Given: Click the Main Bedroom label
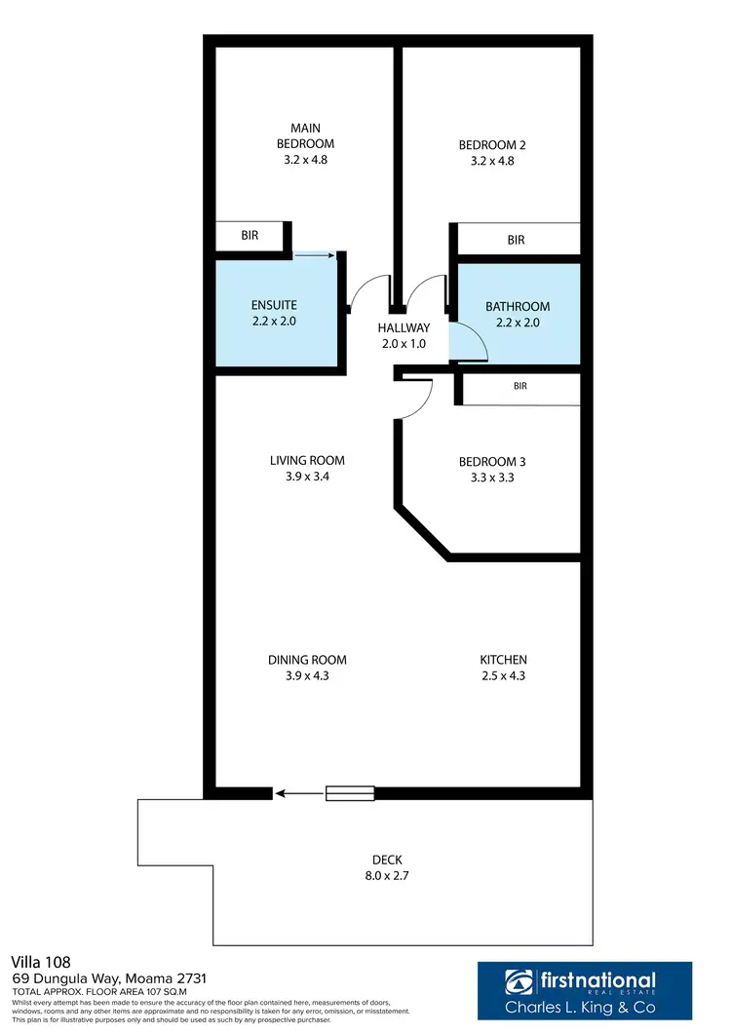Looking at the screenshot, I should (305, 135).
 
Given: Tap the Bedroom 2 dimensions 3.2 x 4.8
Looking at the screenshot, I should (485, 161).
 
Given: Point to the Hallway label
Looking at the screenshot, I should (404, 328).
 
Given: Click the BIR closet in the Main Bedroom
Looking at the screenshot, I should (250, 236).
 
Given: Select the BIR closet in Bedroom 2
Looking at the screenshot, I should (517, 240).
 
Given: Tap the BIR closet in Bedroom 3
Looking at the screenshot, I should (520, 387).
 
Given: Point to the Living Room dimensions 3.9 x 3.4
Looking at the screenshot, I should (307, 478).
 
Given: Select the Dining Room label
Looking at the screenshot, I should (307, 660).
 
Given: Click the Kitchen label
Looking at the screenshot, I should (503, 660).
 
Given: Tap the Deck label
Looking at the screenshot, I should (387, 860).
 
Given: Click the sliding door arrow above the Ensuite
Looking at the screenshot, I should (314, 256).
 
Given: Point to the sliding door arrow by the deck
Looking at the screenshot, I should (297, 794).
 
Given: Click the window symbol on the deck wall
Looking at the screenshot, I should (350, 794).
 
